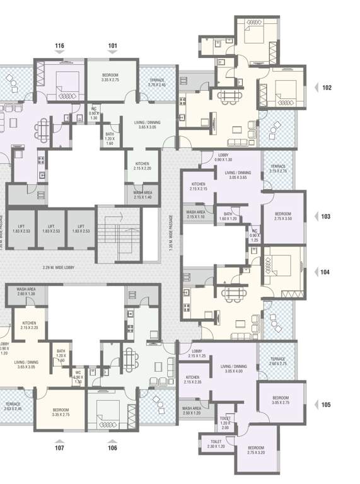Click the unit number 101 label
[x=113, y=46]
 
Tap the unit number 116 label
[x=59, y=46]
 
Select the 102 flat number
[x=326, y=88]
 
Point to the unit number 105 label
[x=326, y=405]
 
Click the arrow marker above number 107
[x=59, y=440]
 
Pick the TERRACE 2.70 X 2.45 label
[x=156, y=83]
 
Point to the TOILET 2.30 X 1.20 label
[x=216, y=444]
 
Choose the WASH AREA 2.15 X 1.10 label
[x=195, y=214]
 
